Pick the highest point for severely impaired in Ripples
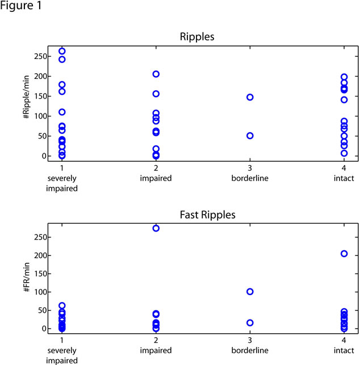(62, 51)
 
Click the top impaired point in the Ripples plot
(156, 74)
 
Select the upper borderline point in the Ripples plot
(250, 97)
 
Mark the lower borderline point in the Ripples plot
(250, 136)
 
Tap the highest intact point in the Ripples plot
(344, 77)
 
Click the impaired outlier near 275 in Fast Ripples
(156, 228)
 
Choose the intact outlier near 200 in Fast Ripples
(344, 254)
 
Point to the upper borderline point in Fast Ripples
(250, 292)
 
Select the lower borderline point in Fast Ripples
(250, 322)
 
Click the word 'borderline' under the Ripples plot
(250, 178)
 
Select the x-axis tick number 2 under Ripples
(156, 169)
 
